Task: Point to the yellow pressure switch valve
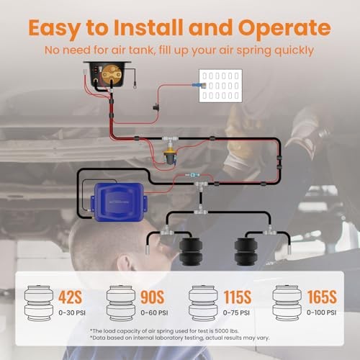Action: [170, 155]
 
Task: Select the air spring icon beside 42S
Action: [40, 303]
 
